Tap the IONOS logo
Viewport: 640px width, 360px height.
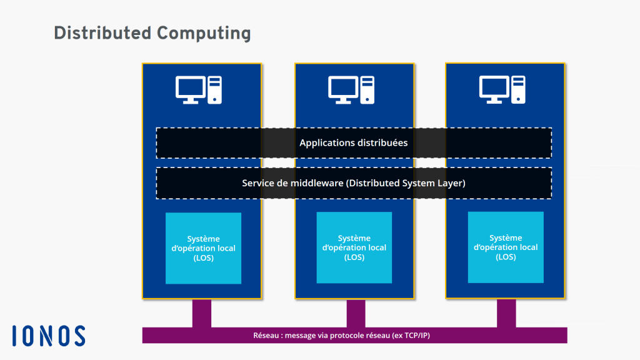[x=48, y=336]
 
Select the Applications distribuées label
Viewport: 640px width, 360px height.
[x=353, y=143]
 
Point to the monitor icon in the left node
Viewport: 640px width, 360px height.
[x=191, y=89]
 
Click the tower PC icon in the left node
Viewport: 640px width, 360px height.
[x=214, y=89]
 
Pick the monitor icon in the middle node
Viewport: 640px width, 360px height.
[x=343, y=89]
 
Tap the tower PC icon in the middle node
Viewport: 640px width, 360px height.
[x=367, y=89]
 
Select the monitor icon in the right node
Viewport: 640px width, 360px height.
[x=494, y=89]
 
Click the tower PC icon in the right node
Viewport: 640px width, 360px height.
[x=518, y=89]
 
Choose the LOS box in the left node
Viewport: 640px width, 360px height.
[x=203, y=248]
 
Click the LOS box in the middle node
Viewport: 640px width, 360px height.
[x=354, y=247]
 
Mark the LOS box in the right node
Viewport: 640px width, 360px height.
[x=506, y=247]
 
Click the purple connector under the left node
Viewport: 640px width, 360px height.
[x=202, y=312]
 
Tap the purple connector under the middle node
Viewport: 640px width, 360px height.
[x=356, y=312]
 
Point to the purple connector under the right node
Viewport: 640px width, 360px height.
[x=506, y=312]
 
